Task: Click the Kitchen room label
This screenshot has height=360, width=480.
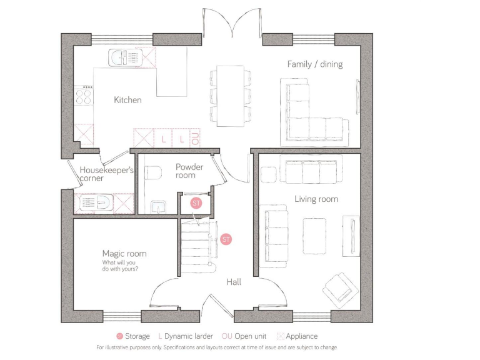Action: (x=127, y=100)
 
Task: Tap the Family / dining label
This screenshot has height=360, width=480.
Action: (x=314, y=64)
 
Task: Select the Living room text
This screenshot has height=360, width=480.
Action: (x=316, y=199)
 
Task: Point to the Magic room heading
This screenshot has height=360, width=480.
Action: (x=124, y=253)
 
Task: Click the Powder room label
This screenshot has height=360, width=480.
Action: (x=189, y=171)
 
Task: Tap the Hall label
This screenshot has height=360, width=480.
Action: (x=234, y=282)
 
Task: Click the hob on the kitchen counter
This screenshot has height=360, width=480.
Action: (x=83, y=96)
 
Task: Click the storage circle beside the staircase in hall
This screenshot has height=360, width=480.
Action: (x=226, y=239)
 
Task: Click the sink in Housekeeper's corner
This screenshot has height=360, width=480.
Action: (x=94, y=204)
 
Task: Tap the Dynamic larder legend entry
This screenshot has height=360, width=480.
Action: (x=186, y=336)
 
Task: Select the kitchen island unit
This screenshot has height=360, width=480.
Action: (x=172, y=72)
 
